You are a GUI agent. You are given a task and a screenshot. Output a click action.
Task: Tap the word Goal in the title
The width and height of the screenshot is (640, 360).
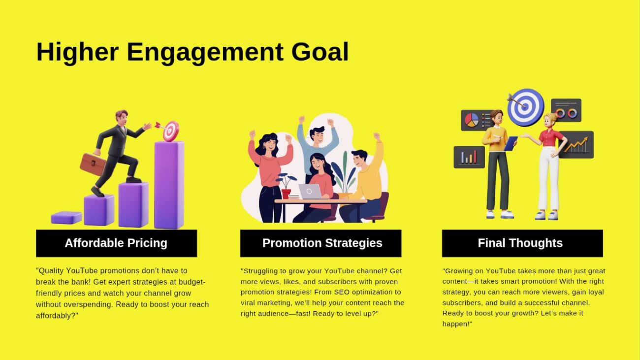tap(320, 52)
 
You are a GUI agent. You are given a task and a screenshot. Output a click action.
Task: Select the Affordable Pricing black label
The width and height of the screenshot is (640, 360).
tap(116, 243)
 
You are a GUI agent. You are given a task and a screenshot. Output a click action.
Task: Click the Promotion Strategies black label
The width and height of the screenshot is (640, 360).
tap(320, 243)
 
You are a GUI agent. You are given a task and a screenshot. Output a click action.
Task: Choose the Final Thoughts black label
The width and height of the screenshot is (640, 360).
tap(522, 243)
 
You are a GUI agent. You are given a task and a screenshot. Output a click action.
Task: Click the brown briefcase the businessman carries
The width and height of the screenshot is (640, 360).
tap(93, 164)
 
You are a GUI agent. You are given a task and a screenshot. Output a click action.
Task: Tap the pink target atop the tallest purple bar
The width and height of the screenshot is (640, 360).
tap(171, 131)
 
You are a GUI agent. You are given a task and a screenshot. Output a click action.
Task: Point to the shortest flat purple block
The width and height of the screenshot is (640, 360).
tap(66, 218)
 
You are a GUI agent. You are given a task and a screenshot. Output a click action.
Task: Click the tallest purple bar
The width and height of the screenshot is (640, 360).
tap(169, 185)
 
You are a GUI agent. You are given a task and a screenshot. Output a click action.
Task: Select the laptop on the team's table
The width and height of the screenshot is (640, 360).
tap(310, 192)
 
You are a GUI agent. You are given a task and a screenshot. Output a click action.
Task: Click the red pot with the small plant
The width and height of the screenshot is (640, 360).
tap(286, 194)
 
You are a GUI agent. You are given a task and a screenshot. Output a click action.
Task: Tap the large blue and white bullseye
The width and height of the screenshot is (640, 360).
tap(526, 107)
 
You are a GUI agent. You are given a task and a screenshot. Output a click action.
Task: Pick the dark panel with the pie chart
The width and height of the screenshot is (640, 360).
tap(476, 120)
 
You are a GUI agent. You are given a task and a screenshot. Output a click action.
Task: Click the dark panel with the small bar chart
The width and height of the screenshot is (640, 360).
tap(469, 157)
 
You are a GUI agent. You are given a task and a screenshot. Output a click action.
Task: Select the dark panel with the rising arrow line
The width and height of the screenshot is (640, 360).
tap(576, 145)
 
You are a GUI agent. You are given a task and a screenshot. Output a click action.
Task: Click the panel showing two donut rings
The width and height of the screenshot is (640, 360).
tap(566, 110)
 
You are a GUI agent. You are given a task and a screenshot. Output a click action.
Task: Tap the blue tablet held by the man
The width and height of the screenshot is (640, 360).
tap(511, 143)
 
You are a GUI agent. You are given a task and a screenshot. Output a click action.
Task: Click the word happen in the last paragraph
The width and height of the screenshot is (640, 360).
tap(455, 324)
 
